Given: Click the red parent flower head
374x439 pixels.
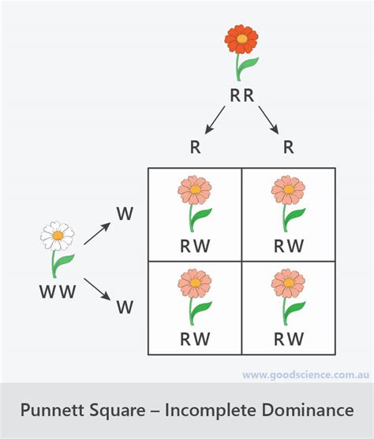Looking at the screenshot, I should tap(241, 39).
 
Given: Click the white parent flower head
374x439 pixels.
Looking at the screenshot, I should tap(58, 235).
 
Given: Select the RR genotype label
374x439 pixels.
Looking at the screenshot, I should tap(241, 96).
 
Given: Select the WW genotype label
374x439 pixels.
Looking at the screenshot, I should tap(58, 292).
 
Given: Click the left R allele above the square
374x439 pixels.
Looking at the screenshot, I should tap(195, 147).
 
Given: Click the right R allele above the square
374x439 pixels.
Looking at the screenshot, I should tap(288, 147).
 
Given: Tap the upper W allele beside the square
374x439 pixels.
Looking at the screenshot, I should tap(125, 214).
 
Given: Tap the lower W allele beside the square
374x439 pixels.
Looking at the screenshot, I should tap(125, 307).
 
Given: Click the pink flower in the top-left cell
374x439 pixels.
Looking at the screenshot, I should tap(195, 190).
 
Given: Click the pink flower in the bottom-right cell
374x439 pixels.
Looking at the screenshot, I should tap(288, 283).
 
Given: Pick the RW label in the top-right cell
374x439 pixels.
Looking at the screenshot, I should tap(288, 245).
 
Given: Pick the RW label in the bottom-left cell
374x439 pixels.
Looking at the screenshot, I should tap(195, 339).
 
